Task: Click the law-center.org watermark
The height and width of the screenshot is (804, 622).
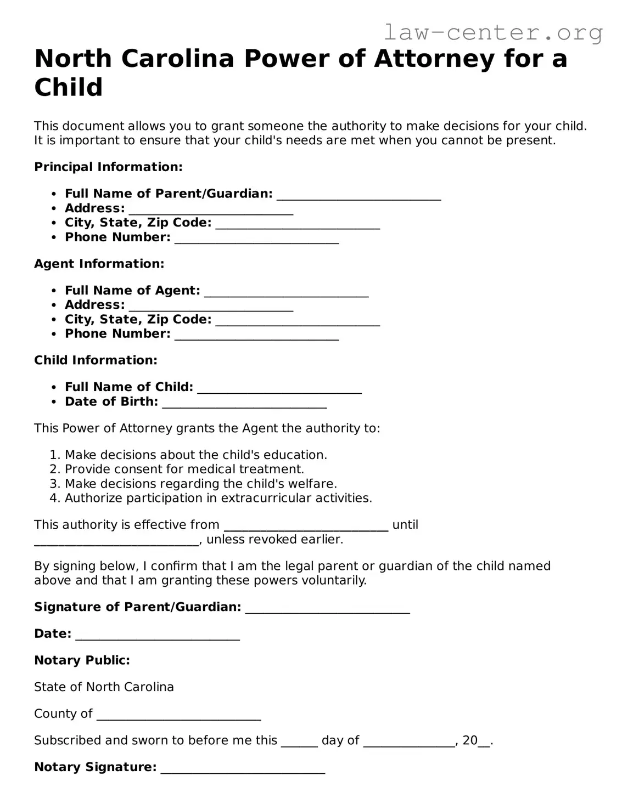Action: [492, 33]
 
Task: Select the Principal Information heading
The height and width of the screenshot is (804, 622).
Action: [108, 167]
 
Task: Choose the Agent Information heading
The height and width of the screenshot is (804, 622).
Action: [99, 264]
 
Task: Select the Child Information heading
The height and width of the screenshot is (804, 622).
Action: [96, 360]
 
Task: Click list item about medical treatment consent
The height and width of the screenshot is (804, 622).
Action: [184, 469]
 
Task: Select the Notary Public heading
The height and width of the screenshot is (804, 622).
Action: [82, 660]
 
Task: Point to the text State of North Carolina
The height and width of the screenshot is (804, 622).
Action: [104, 687]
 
